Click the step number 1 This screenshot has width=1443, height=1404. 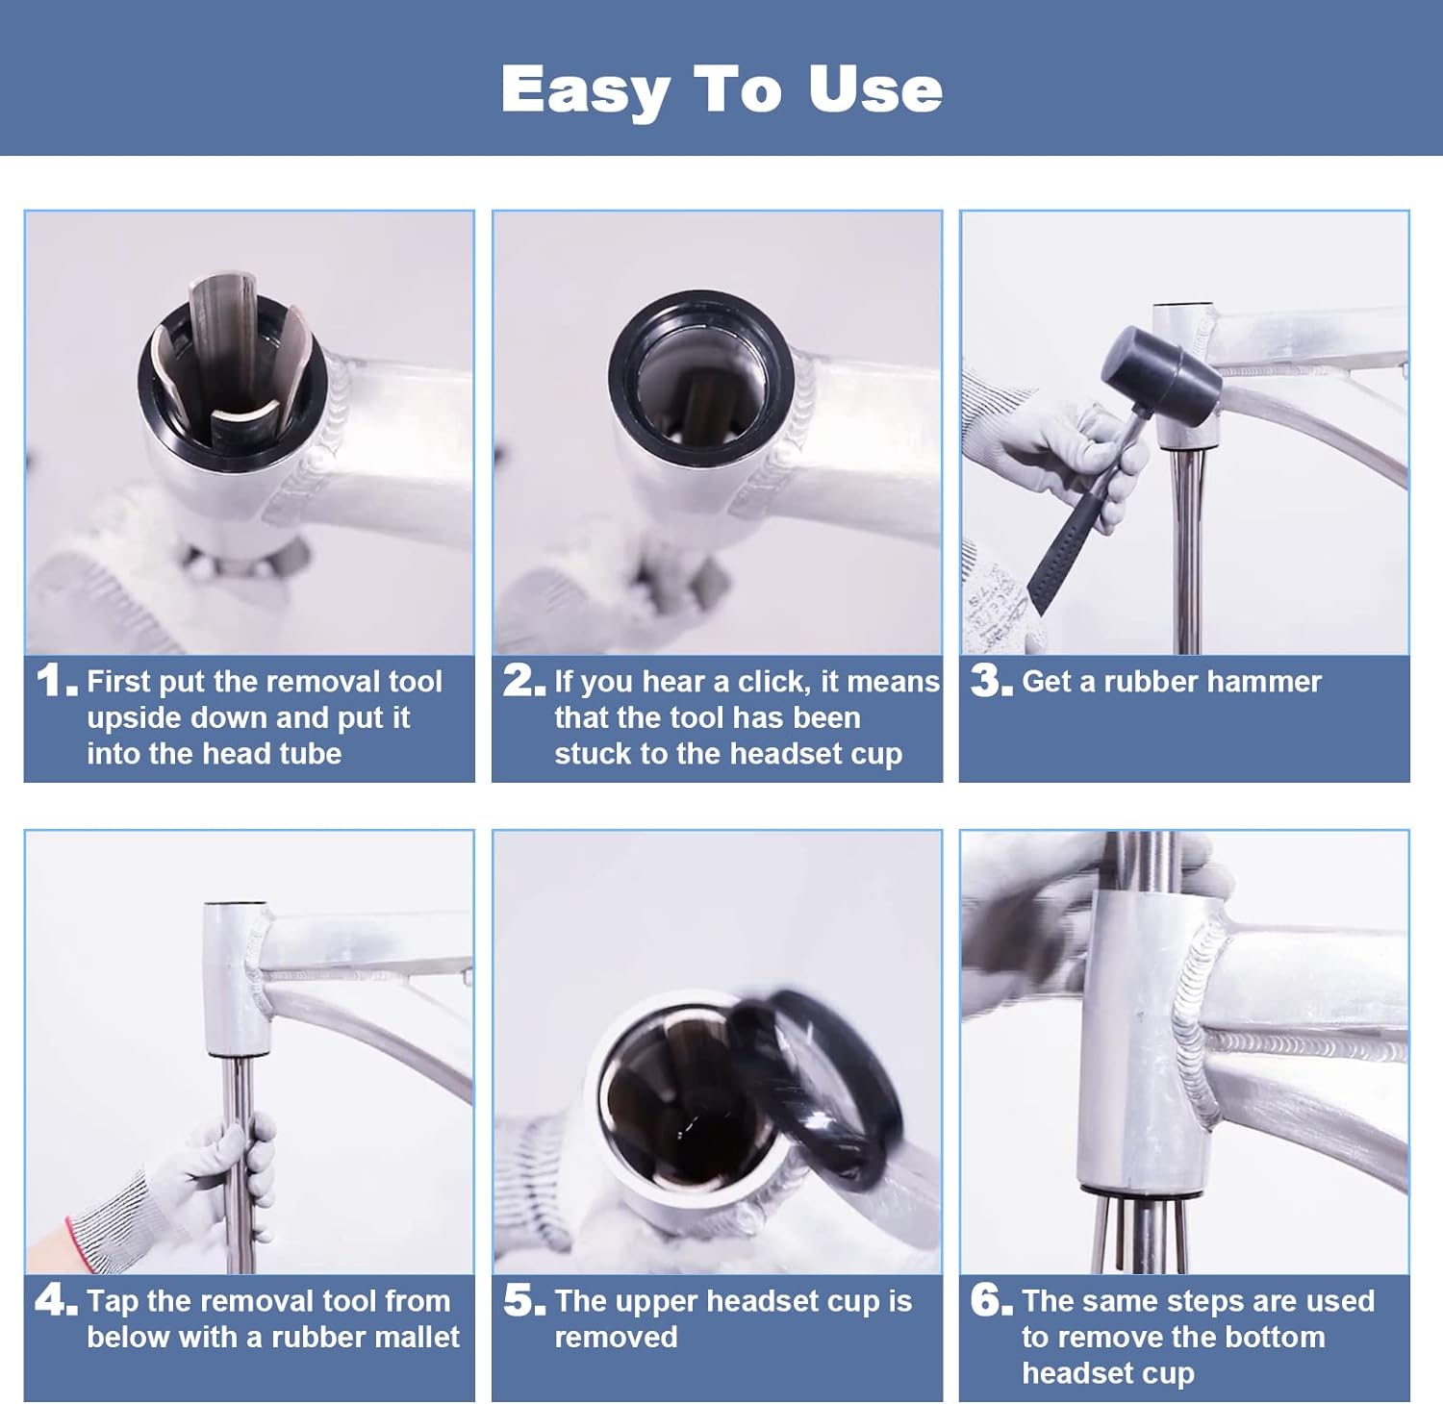click(57, 681)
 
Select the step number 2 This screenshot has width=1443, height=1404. click(524, 681)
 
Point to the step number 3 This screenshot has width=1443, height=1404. click(992, 681)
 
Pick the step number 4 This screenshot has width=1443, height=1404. click(57, 1300)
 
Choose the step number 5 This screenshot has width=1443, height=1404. click(524, 1300)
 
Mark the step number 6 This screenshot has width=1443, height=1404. click(992, 1300)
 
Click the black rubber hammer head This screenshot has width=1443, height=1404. click(1160, 369)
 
